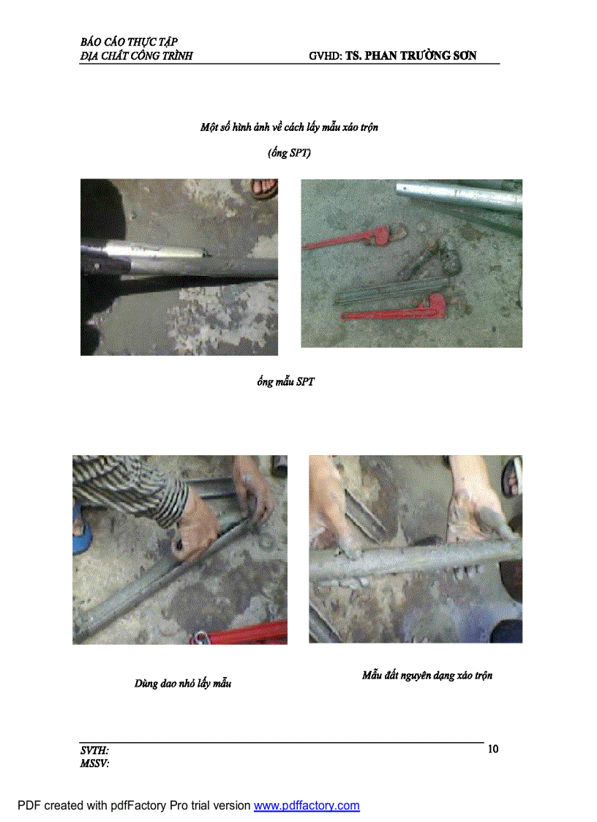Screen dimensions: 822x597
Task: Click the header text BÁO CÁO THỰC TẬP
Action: (x=129, y=42)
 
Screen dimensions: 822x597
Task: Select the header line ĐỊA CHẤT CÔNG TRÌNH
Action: (x=136, y=56)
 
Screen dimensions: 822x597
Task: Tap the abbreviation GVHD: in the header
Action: (x=326, y=56)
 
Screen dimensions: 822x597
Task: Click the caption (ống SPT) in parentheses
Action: (x=289, y=154)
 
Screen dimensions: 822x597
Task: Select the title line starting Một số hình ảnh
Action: (x=289, y=127)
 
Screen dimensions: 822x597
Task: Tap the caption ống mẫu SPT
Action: (x=285, y=383)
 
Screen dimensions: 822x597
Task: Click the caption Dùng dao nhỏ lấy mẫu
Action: (x=183, y=684)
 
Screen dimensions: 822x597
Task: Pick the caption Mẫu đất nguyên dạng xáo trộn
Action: (x=427, y=675)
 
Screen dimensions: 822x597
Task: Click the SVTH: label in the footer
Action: (x=94, y=750)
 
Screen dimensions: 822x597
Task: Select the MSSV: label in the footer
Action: (x=94, y=763)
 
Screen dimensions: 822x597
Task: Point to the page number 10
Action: (x=492, y=749)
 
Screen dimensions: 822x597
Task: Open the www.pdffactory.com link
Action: (x=307, y=806)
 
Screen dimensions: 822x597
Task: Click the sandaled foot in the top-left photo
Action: (x=263, y=188)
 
